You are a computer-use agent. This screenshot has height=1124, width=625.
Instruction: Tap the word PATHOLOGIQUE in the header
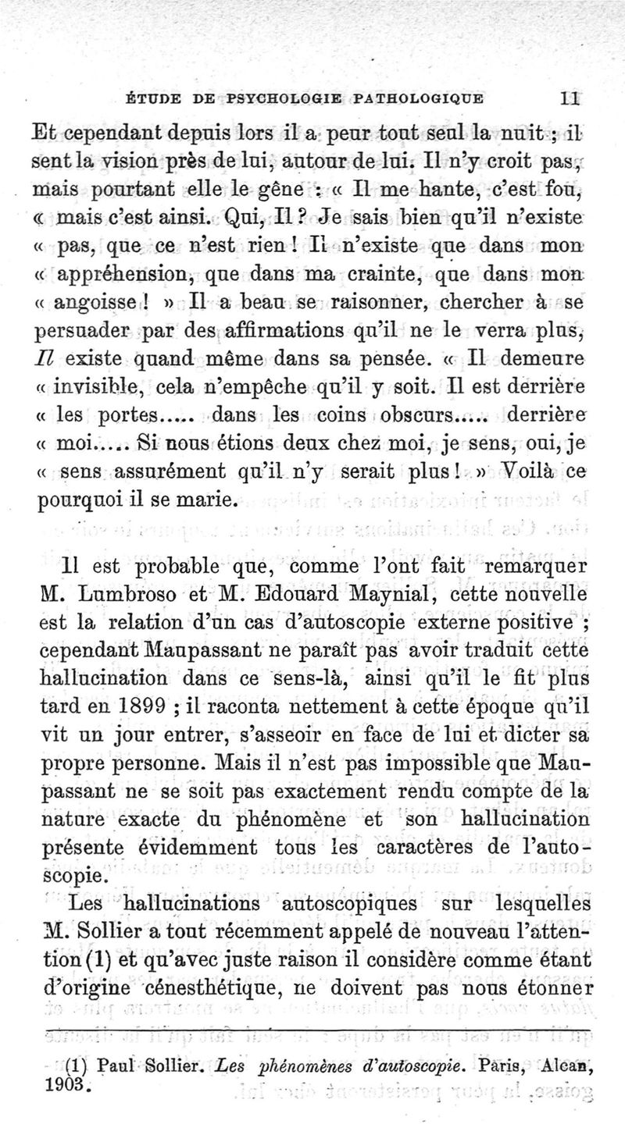coord(418,98)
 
